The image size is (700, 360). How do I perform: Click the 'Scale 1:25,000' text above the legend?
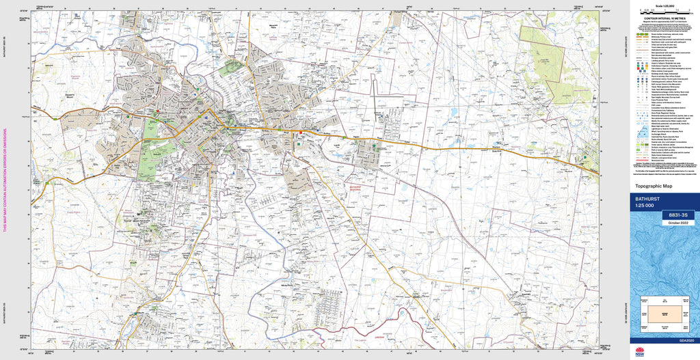tap(664, 5)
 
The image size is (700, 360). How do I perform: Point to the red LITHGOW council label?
tap(379, 335)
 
